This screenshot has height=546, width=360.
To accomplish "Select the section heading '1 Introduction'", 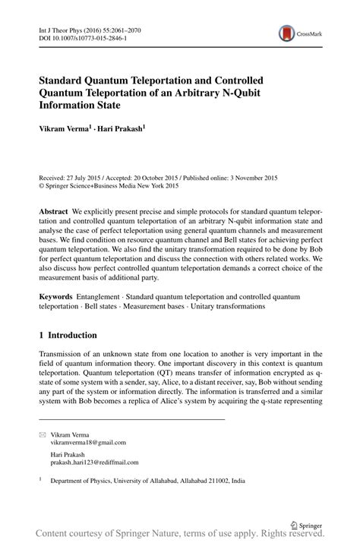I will (68, 334).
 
